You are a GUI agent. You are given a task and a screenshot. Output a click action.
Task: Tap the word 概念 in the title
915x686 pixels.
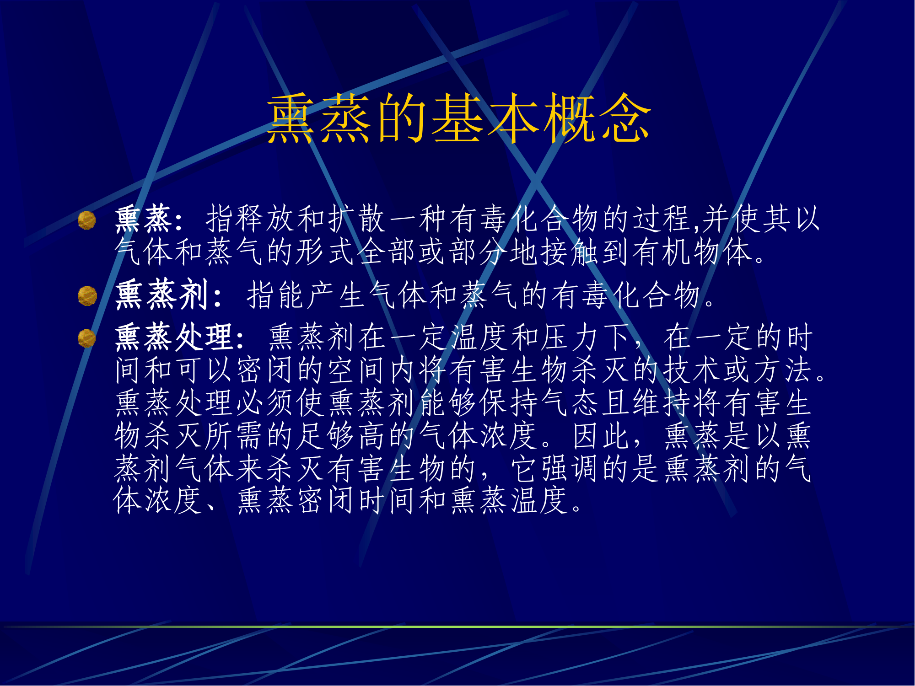click(597, 118)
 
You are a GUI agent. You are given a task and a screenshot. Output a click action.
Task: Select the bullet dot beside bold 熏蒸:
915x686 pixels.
click(87, 220)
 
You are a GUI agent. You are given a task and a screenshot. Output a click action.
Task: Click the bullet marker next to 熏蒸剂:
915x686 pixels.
click(87, 296)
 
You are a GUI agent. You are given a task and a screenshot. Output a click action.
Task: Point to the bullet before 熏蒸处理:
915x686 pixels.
click(87, 338)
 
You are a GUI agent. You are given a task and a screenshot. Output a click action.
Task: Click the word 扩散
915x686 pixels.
click(357, 219)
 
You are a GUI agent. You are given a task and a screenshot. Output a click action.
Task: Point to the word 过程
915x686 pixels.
click(662, 219)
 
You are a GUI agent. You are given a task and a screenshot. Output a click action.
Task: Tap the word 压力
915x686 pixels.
click(570, 337)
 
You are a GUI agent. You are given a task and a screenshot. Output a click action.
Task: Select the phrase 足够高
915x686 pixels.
click(341, 435)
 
